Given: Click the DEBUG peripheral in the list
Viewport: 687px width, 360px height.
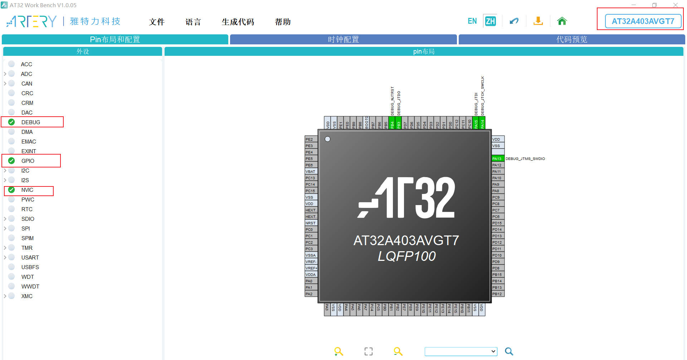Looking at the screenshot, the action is tap(30, 122).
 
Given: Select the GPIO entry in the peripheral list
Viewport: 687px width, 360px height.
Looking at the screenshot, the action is tap(28, 161).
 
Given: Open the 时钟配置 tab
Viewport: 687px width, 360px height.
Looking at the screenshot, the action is tap(343, 39).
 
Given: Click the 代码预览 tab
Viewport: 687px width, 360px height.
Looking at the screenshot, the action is tap(571, 39).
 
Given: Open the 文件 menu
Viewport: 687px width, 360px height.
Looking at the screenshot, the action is tap(157, 22).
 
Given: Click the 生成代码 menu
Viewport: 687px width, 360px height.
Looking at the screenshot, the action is tap(238, 22).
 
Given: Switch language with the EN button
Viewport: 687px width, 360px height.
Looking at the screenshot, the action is tap(472, 21).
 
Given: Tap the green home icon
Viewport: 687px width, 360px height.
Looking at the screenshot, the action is tap(562, 21).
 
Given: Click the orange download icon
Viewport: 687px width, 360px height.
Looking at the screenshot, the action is tap(538, 21).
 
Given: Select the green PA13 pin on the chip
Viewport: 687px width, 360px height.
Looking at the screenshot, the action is tap(497, 159).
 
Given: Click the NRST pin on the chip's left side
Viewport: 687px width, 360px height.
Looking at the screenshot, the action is tap(311, 223).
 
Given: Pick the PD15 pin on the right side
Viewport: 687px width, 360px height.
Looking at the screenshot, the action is tap(497, 223).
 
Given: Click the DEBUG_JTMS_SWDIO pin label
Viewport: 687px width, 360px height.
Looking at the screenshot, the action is tap(525, 159).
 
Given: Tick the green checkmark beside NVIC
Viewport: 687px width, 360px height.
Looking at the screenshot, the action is tap(11, 190).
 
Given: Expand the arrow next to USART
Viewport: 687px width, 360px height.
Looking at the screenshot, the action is tap(5, 258).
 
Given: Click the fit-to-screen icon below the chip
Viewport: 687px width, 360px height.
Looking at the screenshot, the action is tap(369, 351).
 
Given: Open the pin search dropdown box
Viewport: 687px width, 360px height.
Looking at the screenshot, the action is tap(461, 351).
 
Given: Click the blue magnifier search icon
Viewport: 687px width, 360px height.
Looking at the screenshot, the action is tap(509, 351).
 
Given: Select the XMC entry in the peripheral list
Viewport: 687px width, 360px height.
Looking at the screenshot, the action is tap(27, 296).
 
